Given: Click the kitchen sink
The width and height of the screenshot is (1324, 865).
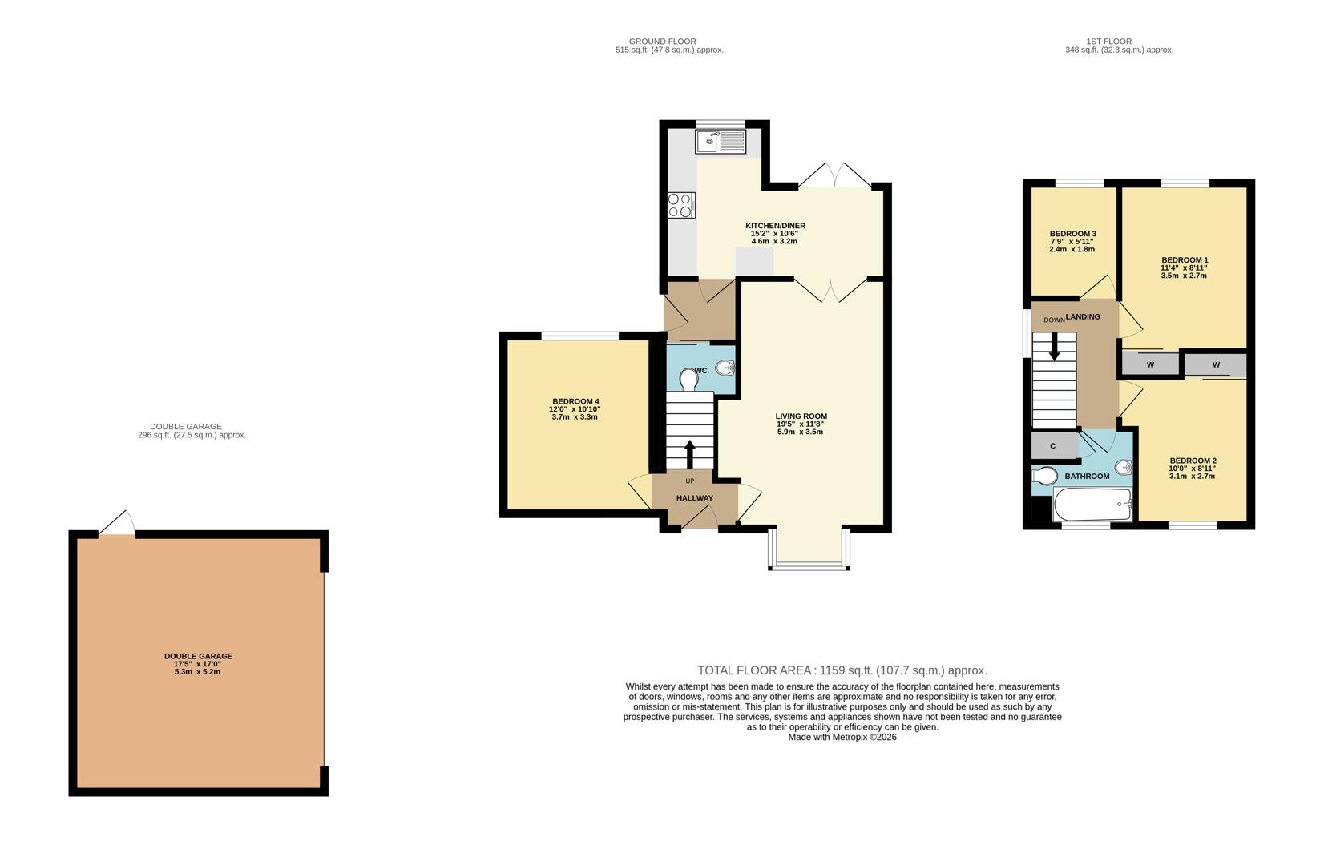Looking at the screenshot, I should coord(721,143).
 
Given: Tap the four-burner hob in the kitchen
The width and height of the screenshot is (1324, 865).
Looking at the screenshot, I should coord(681,205).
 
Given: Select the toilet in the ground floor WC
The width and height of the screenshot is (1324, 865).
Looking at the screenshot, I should coord(688,378).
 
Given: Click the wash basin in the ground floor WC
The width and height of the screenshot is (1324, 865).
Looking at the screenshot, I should coord(725,368).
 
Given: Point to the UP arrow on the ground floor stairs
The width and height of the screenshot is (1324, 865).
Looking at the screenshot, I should coord(689,453).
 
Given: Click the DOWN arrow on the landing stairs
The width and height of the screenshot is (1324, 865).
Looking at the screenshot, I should coord(1054,345).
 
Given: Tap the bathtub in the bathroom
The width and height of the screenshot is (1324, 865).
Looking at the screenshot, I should coord(1092,505).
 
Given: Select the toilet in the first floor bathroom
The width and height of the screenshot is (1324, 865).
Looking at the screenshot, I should coord(1044,476).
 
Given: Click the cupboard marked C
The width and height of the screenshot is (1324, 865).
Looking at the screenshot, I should coord(1053,445).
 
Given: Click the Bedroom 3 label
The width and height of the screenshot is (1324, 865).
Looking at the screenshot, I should coord(1072,233).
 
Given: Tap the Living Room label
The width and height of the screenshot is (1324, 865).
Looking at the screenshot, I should coord(801,416).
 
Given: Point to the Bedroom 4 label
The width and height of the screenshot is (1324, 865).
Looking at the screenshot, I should coord(575,401).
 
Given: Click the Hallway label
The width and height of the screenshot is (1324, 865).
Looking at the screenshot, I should coord(694,498).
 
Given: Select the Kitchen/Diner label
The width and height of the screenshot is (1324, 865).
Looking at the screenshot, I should coord(775,226).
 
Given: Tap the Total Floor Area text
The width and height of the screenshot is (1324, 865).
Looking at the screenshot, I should coord(842,670).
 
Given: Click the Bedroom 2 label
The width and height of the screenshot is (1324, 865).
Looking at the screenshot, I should coord(1192,461).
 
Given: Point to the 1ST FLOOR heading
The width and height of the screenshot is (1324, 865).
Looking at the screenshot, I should coord(1108,42).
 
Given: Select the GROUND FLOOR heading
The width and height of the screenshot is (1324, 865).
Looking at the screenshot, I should coord(662,42).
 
